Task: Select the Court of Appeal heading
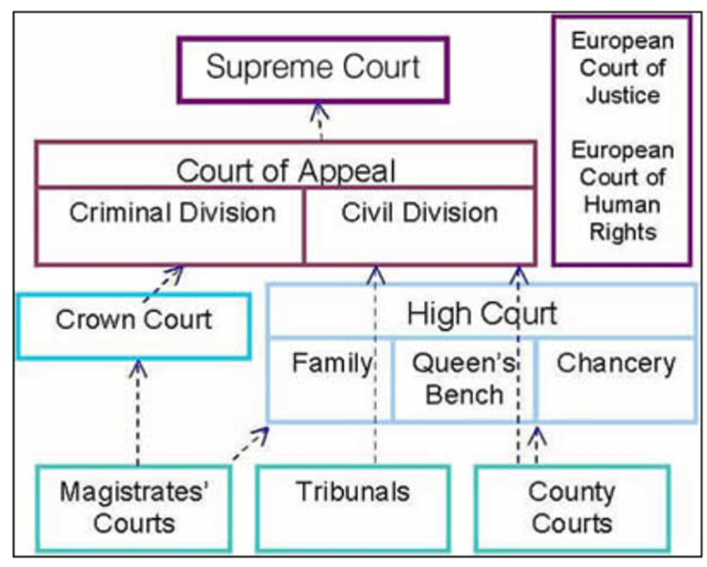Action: (286, 171)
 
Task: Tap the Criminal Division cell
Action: (172, 213)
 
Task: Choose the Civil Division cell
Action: (419, 213)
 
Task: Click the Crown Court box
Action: (134, 320)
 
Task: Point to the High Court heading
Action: (481, 313)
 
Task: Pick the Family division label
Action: (331, 363)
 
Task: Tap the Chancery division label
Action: (616, 363)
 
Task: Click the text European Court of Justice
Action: (621, 68)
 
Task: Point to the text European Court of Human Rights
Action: (621, 191)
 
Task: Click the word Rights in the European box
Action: (621, 232)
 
